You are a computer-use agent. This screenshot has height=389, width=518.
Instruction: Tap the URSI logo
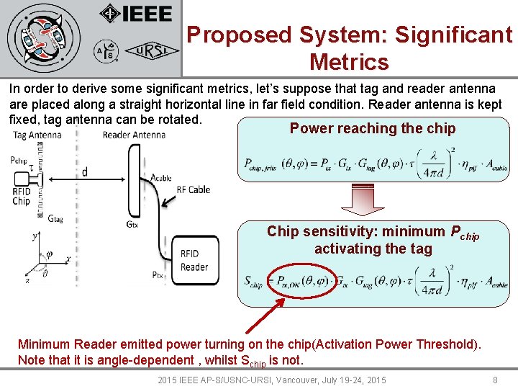click(148, 52)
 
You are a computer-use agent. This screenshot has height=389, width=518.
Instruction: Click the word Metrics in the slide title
click(349, 62)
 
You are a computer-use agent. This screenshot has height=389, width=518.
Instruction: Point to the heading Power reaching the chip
click(372, 128)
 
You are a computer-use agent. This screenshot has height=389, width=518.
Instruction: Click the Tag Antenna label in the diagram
click(37, 135)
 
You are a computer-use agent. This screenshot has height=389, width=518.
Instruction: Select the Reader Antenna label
click(134, 135)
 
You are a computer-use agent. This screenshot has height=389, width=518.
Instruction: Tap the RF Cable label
click(193, 189)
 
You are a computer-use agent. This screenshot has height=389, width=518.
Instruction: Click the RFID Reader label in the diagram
click(194, 260)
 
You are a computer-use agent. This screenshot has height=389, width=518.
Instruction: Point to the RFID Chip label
click(22, 196)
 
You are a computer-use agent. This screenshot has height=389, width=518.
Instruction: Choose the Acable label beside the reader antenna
click(161, 177)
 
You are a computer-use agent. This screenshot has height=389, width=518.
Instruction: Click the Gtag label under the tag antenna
click(55, 218)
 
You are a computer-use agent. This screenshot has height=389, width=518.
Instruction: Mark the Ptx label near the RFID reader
click(158, 274)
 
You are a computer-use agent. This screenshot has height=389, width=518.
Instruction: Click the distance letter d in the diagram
click(85, 171)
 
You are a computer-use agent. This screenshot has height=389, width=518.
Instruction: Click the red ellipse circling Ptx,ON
click(303, 282)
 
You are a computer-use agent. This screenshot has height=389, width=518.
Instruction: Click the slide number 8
click(494, 379)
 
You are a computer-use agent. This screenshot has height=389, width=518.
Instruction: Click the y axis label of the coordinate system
click(35, 235)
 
